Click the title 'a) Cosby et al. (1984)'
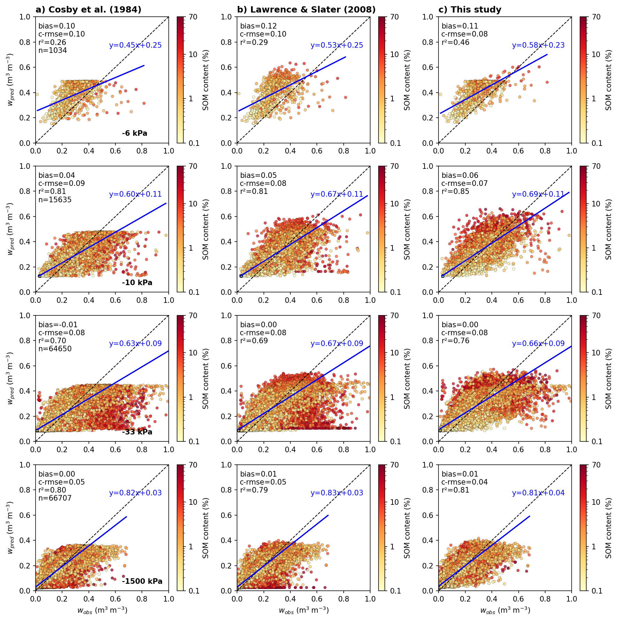pyautogui.click(x=89, y=10)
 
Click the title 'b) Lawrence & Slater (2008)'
pyautogui.click(x=306, y=10)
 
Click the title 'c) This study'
pyautogui.click(x=470, y=10)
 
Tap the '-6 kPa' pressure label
pyautogui.click(x=135, y=133)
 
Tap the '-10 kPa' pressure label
pyautogui.click(x=137, y=283)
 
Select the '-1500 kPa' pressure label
pyautogui.click(x=142, y=581)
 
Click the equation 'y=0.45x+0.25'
pyautogui.click(x=135, y=45)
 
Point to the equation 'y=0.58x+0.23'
pyautogui.click(x=538, y=45)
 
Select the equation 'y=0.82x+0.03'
pyautogui.click(x=135, y=493)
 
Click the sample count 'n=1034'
pyautogui.click(x=53, y=50)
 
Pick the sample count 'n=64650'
pyautogui.click(x=55, y=349)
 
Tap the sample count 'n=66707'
pyautogui.click(x=55, y=498)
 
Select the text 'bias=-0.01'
pyautogui.click(x=58, y=325)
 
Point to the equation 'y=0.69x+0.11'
pyautogui.click(x=538, y=194)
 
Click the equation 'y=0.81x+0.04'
pyautogui.click(x=538, y=493)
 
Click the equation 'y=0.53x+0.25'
pyautogui.click(x=337, y=45)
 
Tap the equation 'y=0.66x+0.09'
pyautogui.click(x=538, y=344)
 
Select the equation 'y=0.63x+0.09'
pyautogui.click(x=135, y=344)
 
